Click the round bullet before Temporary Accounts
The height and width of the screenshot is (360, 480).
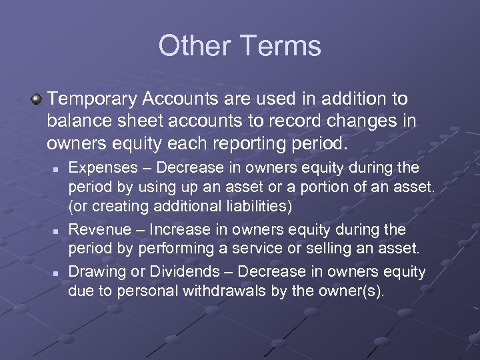click(37, 100)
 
